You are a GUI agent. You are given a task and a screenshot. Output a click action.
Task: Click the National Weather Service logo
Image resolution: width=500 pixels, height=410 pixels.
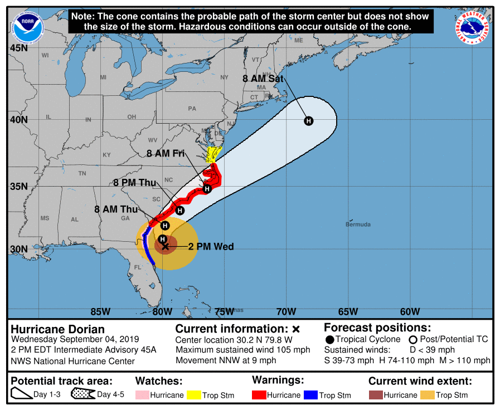(x=472, y=28)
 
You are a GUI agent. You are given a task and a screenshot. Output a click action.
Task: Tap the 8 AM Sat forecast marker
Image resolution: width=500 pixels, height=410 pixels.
(x=308, y=121)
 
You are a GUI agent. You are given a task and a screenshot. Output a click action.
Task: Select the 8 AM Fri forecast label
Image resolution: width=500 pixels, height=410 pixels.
(x=166, y=153)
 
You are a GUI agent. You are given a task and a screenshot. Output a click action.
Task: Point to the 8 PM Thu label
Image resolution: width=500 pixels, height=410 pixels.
(x=134, y=182)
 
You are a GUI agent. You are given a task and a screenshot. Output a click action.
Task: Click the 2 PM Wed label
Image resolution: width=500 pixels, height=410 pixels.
(x=211, y=246)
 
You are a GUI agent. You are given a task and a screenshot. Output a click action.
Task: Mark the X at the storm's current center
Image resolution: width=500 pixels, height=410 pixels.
(x=165, y=246)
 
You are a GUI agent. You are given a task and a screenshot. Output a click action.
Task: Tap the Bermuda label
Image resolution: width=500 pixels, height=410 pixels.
(x=358, y=224)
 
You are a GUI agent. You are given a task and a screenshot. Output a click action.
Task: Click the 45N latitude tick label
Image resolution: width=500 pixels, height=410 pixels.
(x=18, y=48)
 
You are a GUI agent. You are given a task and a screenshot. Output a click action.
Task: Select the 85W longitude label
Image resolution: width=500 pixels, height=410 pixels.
(x=100, y=311)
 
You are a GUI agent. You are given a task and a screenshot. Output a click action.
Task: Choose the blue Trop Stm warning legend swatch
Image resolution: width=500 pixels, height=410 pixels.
(x=310, y=395)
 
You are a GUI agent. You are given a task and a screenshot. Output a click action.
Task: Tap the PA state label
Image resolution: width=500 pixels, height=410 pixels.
(x=192, y=109)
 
